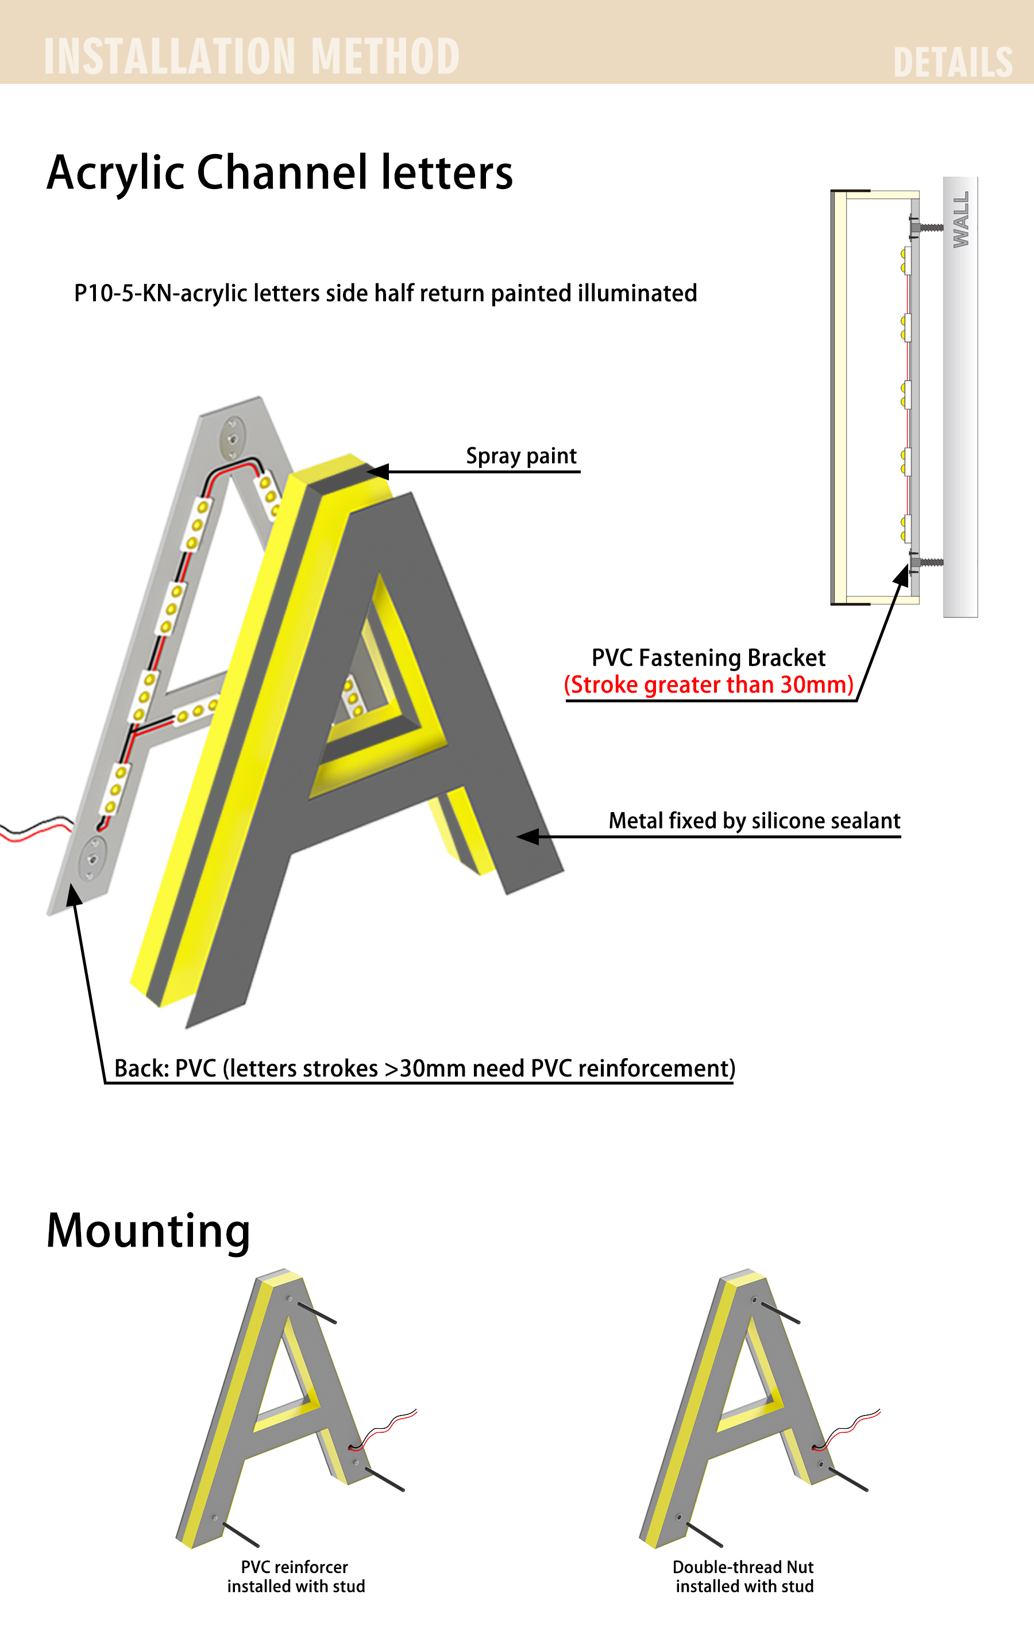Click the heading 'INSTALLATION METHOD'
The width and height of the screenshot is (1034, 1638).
(x=252, y=56)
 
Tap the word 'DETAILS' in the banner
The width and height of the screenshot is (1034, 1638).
(x=952, y=63)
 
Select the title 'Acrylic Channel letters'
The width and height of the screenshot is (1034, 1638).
(x=279, y=173)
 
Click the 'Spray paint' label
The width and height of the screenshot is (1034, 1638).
(x=522, y=456)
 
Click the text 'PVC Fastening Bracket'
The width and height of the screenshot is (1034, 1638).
(x=708, y=657)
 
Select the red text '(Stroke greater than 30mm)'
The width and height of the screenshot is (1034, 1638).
(x=708, y=685)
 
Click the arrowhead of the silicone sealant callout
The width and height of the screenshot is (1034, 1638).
(x=528, y=836)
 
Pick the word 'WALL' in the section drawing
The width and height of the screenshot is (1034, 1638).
(x=960, y=219)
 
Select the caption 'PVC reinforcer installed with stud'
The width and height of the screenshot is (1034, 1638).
(x=296, y=1577)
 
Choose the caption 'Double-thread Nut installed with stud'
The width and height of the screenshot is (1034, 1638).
(x=744, y=1577)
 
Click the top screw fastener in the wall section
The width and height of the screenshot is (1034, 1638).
(x=926, y=226)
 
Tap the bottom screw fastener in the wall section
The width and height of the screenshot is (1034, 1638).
(x=926, y=563)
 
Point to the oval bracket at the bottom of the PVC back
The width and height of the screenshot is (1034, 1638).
(x=92, y=859)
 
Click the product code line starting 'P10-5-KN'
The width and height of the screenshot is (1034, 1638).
(x=385, y=293)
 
